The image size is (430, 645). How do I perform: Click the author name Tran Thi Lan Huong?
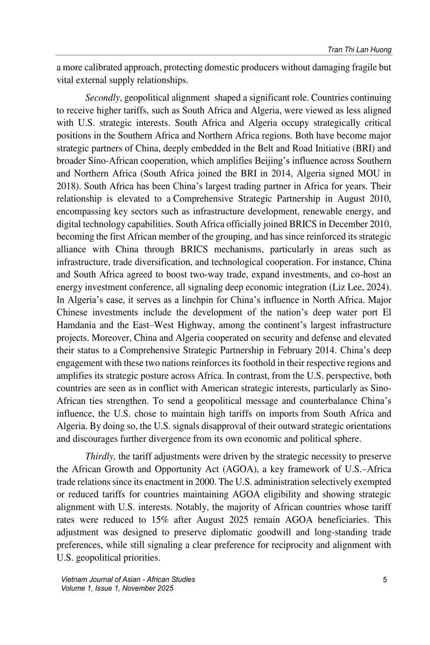pyautogui.click(x=356, y=49)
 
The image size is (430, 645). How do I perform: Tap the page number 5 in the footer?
pyautogui.click(x=385, y=579)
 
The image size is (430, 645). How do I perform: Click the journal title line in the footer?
pyautogui.click(x=128, y=579)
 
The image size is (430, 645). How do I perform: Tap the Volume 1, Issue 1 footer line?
pyautogui.click(x=118, y=588)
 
